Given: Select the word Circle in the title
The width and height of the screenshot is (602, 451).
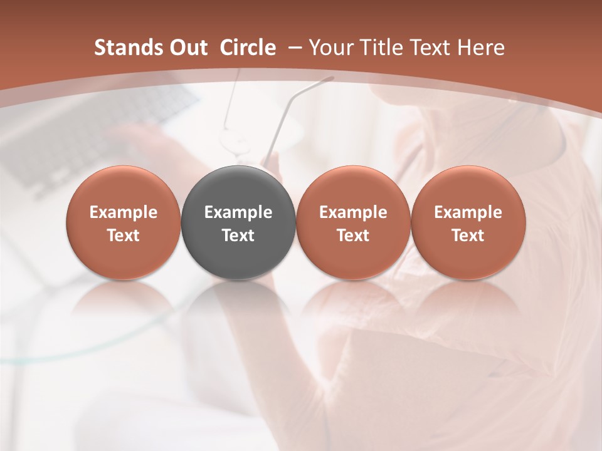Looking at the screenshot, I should coord(248,48).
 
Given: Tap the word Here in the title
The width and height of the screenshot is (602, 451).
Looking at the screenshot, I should coord(481,48).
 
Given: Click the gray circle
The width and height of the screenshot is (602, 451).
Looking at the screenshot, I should coord(238,188).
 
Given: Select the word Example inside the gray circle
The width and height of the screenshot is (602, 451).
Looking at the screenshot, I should coord(238,212).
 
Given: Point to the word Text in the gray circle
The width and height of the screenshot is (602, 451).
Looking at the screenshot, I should coord(238,236).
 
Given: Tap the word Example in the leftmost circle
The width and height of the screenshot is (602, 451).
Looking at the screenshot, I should coord(124,212).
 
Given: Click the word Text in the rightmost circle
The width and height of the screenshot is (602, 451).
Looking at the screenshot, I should coord(468,236).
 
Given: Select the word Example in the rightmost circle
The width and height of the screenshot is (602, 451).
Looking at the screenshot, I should coord(468,212).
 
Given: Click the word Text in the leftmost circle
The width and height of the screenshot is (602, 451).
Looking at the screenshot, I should coord(124,236).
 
